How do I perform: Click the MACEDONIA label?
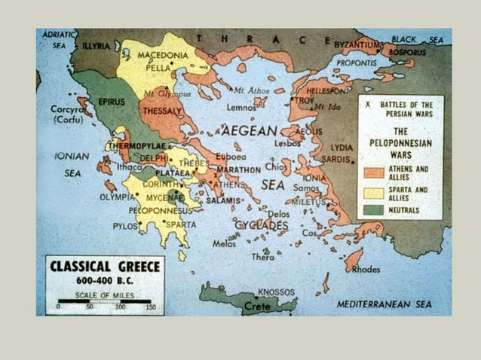coord(163,55)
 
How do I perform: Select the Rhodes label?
coord(366,269)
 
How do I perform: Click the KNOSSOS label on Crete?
coord(276,291)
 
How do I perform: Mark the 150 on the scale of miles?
coord(151,307)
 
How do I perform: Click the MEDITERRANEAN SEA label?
coord(384,304)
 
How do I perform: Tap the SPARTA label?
coord(181,224)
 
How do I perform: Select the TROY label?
coord(305,100)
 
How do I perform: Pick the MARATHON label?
coord(239,170)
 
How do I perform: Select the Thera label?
coord(263,257)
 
